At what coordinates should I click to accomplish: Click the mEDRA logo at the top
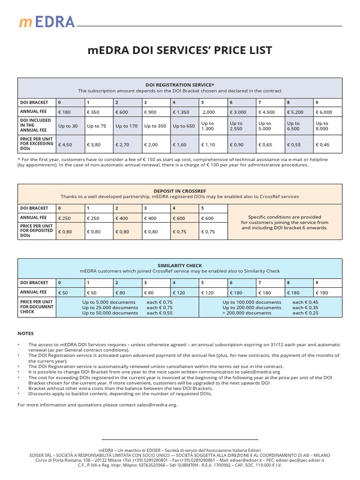tap(46, 21)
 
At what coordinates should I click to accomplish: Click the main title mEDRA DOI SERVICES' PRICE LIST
tap(180, 51)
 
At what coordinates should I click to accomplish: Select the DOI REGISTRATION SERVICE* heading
tap(180, 85)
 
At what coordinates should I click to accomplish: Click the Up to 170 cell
tap(127, 126)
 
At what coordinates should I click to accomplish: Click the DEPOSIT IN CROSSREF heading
tap(180, 191)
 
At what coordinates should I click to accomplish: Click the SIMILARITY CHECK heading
tap(180, 265)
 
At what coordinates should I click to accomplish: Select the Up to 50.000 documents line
tap(110, 313)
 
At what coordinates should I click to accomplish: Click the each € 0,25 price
tap(305, 313)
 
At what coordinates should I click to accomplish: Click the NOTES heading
tap(26, 333)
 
